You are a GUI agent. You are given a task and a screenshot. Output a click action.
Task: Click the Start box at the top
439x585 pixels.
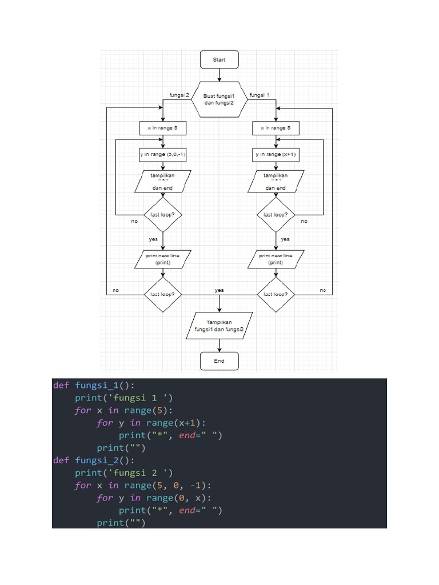click(219, 59)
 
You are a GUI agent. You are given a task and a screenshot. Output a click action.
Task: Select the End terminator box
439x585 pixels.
click(219, 361)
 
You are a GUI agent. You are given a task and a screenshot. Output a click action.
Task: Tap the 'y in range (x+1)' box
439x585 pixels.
click(276, 154)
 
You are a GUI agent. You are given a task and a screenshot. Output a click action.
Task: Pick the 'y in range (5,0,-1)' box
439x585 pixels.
click(162, 154)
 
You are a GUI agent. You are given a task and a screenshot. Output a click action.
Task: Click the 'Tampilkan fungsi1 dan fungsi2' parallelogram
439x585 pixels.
click(219, 326)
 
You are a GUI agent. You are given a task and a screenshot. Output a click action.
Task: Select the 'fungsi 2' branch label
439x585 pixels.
click(179, 95)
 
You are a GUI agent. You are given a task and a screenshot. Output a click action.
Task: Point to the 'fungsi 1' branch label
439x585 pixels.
click(260, 95)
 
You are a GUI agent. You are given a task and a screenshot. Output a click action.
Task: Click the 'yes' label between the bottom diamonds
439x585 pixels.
click(219, 290)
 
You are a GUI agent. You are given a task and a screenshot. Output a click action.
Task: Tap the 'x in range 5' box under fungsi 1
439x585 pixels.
click(276, 129)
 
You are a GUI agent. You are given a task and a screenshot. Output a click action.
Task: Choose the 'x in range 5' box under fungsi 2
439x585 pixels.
click(162, 129)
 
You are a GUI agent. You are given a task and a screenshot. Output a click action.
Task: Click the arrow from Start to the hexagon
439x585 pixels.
click(219, 74)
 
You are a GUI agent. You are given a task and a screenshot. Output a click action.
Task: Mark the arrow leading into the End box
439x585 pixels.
click(219, 346)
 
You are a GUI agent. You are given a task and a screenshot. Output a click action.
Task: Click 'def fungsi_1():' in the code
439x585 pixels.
click(94, 385)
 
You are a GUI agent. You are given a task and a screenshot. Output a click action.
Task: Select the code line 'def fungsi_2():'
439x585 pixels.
click(94, 460)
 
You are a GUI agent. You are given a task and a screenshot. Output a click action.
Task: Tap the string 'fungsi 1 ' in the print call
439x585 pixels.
click(137, 398)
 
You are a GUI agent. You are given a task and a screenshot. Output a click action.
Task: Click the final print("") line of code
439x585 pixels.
click(121, 523)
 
